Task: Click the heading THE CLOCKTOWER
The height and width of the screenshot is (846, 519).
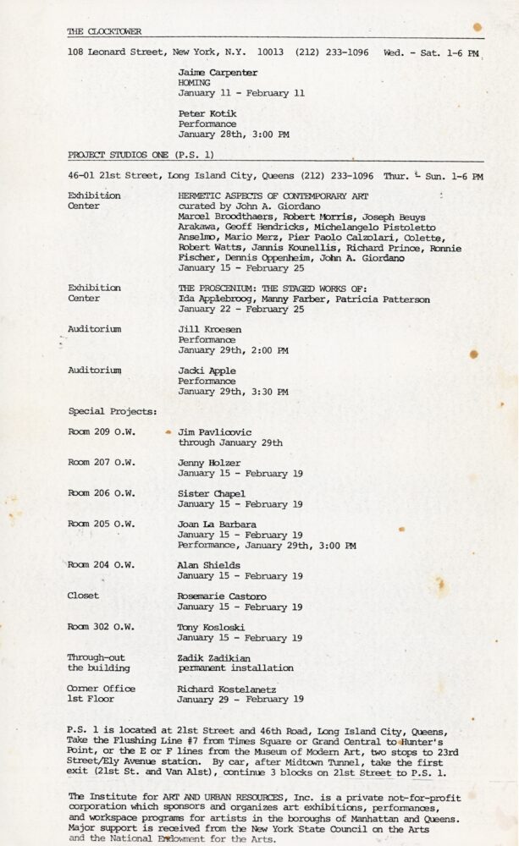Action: pyautogui.click(x=104, y=32)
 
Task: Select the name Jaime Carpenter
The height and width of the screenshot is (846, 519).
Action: pyautogui.click(x=218, y=73)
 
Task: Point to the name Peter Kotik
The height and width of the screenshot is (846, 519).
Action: pyautogui.click(x=207, y=113)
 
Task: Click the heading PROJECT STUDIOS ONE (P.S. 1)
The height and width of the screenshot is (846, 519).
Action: pyautogui.click(x=141, y=155)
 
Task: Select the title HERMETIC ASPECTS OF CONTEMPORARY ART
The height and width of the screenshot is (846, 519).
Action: pyautogui.click(x=273, y=195)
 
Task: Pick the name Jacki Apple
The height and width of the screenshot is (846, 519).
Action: pyautogui.click(x=207, y=371)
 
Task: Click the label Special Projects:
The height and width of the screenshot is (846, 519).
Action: pyautogui.click(x=113, y=411)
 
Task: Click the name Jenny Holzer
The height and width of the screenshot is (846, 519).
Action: pyautogui.click(x=209, y=463)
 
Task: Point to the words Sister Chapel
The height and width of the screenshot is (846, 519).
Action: pyautogui.click(x=212, y=493)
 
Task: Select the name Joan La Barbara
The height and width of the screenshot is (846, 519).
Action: pyautogui.click(x=217, y=525)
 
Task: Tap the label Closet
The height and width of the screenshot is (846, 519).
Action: pyautogui.click(x=83, y=596)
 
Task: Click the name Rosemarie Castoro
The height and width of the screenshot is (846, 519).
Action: pyautogui.click(x=222, y=596)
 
